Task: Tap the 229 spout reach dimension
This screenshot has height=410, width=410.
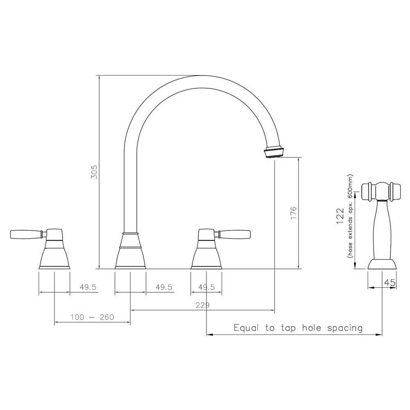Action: (203, 305)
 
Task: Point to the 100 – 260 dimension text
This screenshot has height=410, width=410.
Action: (92, 317)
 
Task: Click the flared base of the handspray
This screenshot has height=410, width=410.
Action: (382, 264)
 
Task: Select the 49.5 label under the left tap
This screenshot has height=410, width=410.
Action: (88, 287)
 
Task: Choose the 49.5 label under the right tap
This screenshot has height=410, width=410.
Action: (206, 287)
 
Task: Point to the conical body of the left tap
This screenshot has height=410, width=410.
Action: (54, 254)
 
